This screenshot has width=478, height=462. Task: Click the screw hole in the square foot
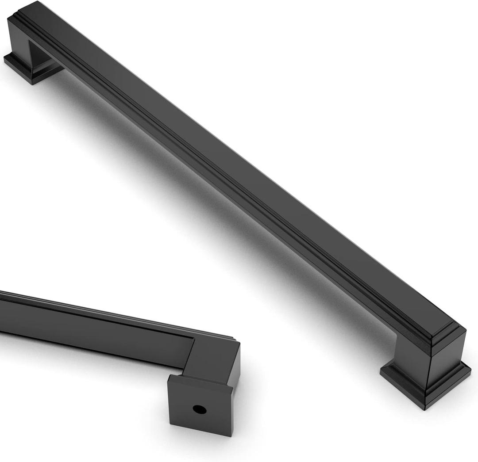(199, 409)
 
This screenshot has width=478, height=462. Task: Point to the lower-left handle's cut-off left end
(2, 309)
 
